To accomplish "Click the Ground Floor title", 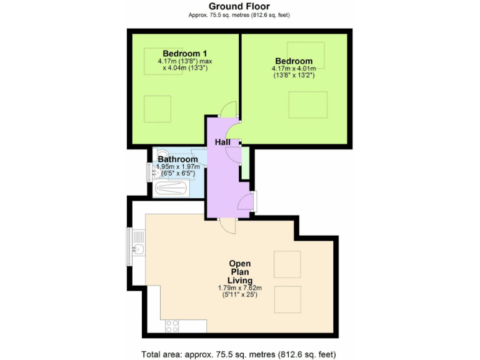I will [239, 7].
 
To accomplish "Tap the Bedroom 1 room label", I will [185, 53].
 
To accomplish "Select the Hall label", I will [222, 142].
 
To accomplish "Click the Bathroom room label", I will [177, 159].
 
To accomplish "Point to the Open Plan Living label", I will [240, 272].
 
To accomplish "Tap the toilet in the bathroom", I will [161, 154].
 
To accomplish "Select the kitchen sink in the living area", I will [139, 250].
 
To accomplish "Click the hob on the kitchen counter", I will [172, 326].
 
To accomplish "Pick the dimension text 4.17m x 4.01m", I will [293, 69].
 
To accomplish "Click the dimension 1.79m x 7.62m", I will [240, 288].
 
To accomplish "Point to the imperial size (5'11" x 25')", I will [240, 295].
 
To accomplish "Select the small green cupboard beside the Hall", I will [246, 162].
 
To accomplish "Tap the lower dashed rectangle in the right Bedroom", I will [307, 104].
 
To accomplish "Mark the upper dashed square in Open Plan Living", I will [287, 264].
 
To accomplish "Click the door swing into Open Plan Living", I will [229, 226].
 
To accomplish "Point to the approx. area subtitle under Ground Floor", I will [239, 15].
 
